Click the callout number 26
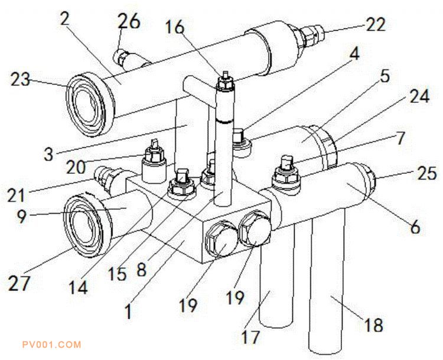130,22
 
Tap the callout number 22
375,24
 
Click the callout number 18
373,325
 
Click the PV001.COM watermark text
50,344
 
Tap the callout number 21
19,193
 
